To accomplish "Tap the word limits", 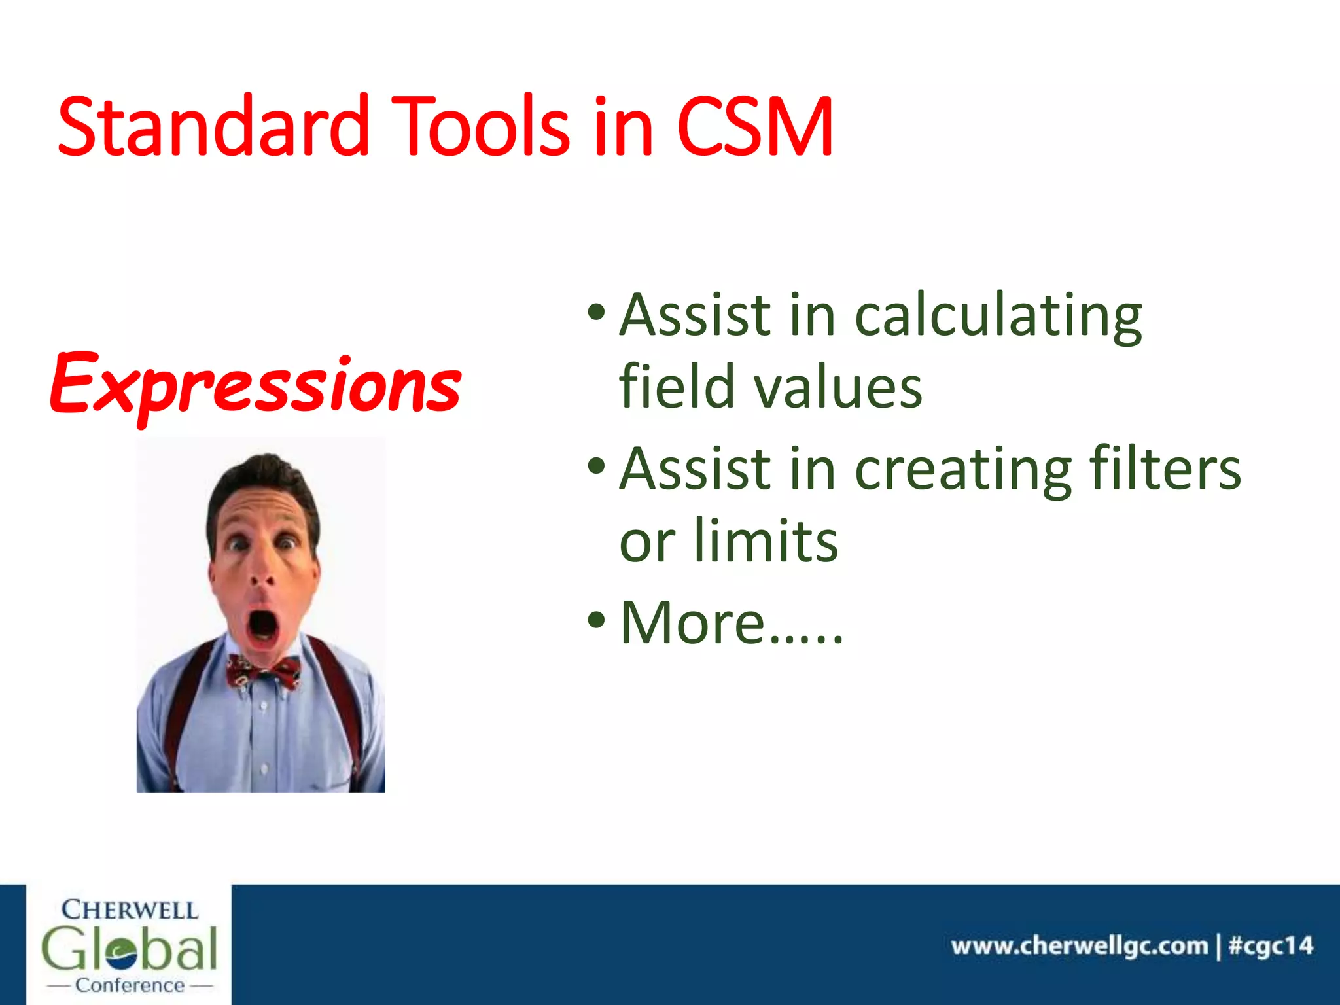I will click(x=766, y=541).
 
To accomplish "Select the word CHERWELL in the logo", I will click(x=129, y=910).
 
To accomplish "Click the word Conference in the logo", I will click(x=130, y=985).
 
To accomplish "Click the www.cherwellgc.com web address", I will click(x=1079, y=946).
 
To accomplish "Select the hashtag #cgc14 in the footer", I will click(x=1271, y=946).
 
